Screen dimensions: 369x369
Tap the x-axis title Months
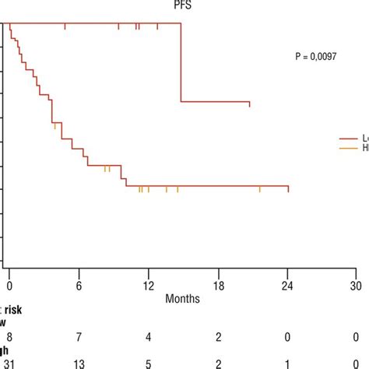coord(182,298)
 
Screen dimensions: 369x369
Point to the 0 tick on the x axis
coord(9,285)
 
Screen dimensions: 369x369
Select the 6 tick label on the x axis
coord(79,285)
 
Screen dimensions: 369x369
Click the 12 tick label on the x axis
coord(148,285)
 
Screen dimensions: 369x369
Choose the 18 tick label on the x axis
coord(217,285)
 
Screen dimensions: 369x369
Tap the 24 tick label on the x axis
coord(286,285)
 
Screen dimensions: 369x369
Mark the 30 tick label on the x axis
coord(355,285)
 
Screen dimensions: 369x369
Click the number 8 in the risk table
coord(9,335)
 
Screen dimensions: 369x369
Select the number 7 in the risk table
coord(79,335)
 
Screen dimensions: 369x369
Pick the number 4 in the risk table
coord(148,335)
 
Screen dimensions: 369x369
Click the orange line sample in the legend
coord(348,147)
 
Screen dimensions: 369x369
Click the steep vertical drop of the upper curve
coord(181,62)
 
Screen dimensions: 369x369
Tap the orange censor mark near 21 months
coord(260,188)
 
